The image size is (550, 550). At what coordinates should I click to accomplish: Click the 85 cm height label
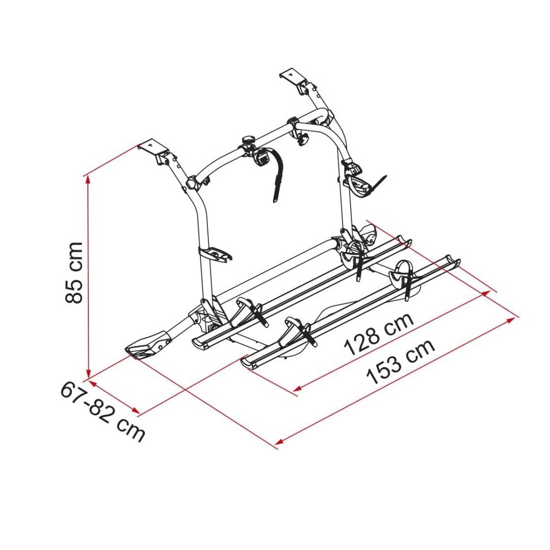coord(74,272)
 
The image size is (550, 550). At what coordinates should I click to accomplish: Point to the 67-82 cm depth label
coord(103,412)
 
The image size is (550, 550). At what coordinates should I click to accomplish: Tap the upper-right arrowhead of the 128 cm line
coord(486,293)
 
